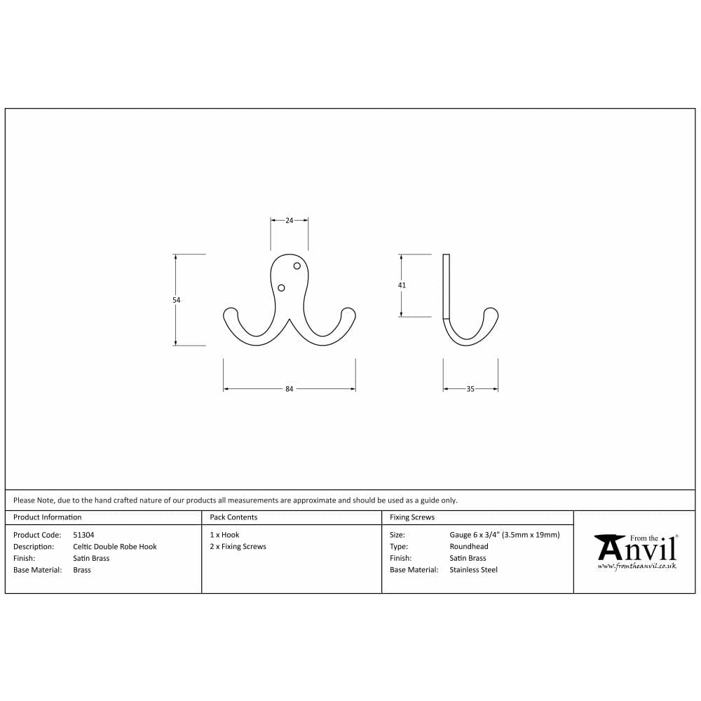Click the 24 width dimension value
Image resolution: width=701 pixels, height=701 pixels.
pyautogui.click(x=290, y=220)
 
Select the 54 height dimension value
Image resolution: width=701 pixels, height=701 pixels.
pyautogui.click(x=177, y=300)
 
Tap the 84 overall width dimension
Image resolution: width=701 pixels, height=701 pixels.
pyautogui.click(x=289, y=389)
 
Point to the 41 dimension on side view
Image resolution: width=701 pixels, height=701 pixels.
pyautogui.click(x=402, y=285)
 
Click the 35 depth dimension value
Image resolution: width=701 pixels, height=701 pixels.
pyautogui.click(x=470, y=389)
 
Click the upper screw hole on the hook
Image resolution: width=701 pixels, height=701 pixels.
pyautogui.click(x=297, y=266)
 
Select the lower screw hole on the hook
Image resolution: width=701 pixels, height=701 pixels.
pyautogui.click(x=282, y=287)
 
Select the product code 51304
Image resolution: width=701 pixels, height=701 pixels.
pyautogui.click(x=83, y=535)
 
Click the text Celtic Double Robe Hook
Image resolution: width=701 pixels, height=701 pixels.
pyautogui.click(x=115, y=547)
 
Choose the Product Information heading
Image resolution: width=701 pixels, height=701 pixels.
pyautogui.click(x=48, y=517)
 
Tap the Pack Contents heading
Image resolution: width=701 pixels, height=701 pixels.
pyautogui.click(x=233, y=517)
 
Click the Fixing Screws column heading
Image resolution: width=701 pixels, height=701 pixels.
pyautogui.click(x=412, y=517)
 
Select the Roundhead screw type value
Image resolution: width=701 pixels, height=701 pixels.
pyautogui.click(x=469, y=547)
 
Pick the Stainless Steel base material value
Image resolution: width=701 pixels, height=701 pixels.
pyautogui.click(x=473, y=570)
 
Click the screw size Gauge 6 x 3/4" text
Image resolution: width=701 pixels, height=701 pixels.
pyautogui.click(x=505, y=535)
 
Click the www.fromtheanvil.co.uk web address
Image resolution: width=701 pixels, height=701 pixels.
pyautogui.click(x=637, y=566)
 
